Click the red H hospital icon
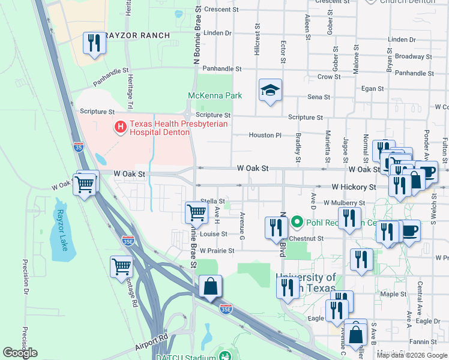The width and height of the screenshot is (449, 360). coord(120,127)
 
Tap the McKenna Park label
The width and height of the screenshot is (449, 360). coord(214,95)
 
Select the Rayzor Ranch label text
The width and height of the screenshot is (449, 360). coord(137,35)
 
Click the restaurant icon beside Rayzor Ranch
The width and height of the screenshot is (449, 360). coord(94,43)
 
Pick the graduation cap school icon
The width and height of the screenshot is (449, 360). coord(270,90)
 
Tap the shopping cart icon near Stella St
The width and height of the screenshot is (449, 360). coord(196,212)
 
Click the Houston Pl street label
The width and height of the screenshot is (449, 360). coord(265,136)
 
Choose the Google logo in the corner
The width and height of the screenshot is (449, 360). coord(20,353)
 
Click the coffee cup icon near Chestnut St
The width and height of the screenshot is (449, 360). coord(410,230)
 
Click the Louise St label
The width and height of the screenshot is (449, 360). coord(214,234)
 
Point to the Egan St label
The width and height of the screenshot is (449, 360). coord(372,89)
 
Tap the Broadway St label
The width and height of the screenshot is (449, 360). coord(410,56)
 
